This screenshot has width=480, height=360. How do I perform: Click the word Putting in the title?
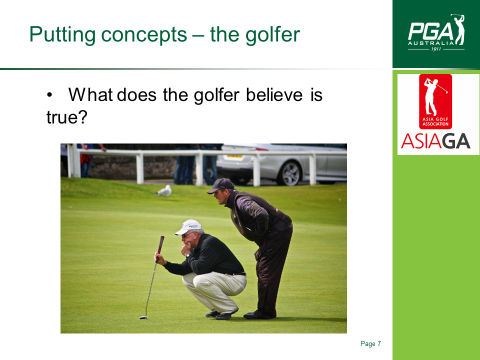click(x=62, y=34)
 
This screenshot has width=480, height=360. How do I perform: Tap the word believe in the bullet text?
click(x=274, y=94)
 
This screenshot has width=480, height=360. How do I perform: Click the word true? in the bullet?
click(x=67, y=117)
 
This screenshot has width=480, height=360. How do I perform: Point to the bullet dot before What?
click(x=49, y=95)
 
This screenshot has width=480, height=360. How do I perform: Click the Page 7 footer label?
click(x=370, y=343)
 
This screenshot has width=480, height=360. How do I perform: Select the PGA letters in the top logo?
click(x=431, y=31)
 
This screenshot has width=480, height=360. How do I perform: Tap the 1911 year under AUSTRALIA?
click(x=436, y=49)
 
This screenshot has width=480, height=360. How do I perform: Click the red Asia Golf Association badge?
click(x=435, y=101)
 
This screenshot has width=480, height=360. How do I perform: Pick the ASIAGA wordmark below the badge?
click(x=435, y=141)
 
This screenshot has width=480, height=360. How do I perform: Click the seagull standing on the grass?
click(x=163, y=191)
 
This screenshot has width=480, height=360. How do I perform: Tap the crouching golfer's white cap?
click(x=188, y=227)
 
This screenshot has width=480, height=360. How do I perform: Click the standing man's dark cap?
click(x=221, y=185)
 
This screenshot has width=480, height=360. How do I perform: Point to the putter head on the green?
click(x=143, y=318)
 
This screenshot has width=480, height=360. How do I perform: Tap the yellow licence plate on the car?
click(x=234, y=156)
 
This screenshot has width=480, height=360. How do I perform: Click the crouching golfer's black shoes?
click(x=222, y=314)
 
